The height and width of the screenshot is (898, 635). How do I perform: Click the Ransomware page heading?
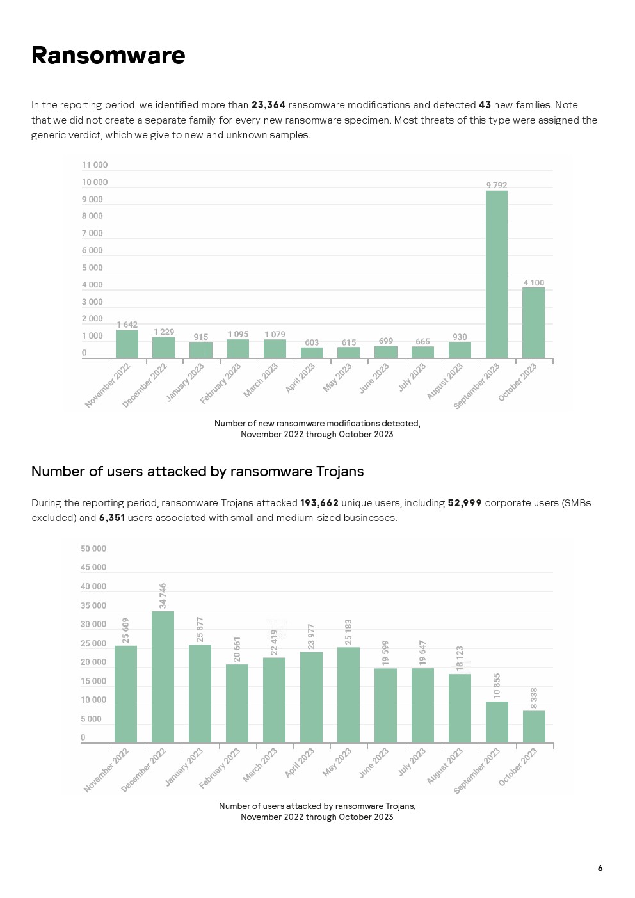108,56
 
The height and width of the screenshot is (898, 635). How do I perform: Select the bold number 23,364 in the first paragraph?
268,105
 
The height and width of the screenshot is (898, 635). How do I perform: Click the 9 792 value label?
497,186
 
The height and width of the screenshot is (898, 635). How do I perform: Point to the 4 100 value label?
533,283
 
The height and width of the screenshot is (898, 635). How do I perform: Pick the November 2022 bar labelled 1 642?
127,344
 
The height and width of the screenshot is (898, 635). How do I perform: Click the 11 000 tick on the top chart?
95,165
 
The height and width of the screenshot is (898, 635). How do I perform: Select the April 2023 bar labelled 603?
312,353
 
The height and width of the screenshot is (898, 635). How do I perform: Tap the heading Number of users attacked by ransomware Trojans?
197,472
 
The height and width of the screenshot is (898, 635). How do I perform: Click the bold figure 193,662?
319,503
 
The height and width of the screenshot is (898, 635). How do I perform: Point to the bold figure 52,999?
464,503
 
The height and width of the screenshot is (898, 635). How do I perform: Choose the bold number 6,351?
112,518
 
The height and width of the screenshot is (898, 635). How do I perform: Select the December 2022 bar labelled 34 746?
163,677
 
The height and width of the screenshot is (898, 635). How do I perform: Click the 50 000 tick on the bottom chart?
93,549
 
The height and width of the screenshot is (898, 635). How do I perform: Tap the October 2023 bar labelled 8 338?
534,726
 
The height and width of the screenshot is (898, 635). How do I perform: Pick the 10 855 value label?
497,686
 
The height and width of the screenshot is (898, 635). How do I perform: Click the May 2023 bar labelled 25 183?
348,694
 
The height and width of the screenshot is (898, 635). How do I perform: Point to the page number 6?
600,869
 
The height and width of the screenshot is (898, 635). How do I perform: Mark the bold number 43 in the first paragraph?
485,105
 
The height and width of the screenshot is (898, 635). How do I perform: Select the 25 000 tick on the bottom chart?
93,644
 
